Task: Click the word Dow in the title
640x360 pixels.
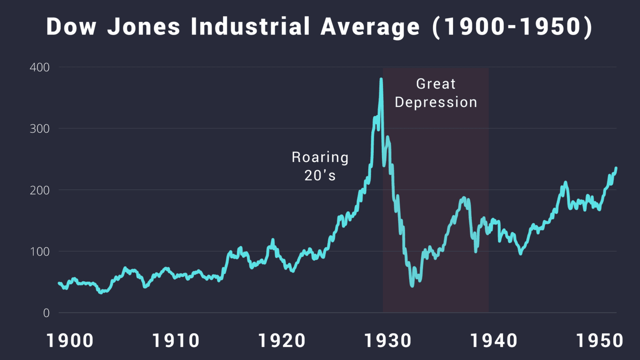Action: pos(71,27)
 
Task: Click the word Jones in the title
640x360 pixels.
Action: pos(144,27)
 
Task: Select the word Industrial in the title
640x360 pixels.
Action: pos(250,27)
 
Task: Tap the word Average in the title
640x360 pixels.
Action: pos(370,27)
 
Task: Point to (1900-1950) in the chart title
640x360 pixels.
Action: pos(512,27)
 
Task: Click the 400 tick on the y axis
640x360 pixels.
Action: pos(40,67)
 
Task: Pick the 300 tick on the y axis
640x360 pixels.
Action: pos(40,129)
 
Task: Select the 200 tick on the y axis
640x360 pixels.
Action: pos(40,190)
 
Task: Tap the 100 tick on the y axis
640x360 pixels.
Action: pos(40,252)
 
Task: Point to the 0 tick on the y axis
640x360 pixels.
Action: pos(46,313)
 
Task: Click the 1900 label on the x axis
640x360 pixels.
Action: pos(70,341)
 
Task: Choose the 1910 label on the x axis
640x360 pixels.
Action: pos(176,341)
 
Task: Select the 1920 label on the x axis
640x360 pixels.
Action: pos(282,341)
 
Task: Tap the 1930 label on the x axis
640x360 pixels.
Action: pos(388,341)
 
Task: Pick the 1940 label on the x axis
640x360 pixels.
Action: pos(494,341)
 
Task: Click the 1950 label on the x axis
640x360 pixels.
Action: pos(600,341)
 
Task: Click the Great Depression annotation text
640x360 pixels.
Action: pos(436,93)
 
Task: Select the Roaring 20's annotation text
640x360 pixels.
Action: pos(320,166)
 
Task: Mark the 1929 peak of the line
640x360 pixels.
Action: pos(381,79)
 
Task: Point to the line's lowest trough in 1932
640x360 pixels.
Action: pos(412,285)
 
